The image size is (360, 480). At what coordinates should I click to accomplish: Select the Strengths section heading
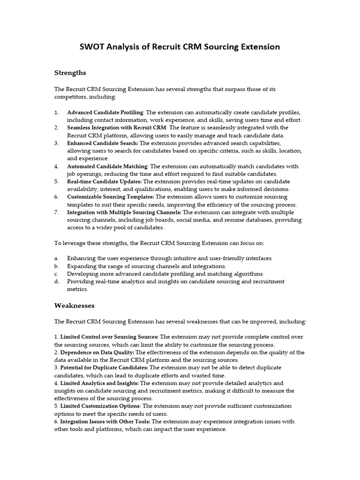pos(70,73)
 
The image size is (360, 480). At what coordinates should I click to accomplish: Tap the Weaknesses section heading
pos(75,305)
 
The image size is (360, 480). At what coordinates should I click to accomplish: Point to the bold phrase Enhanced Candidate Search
pos(102,142)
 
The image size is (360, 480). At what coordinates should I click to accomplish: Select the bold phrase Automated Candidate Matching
pos(107,166)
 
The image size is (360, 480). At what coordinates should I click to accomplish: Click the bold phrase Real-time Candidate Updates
pos(104,181)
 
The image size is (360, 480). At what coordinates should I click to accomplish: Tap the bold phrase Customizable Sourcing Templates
pos(111,197)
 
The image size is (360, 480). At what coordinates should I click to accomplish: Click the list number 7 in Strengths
pos(56,212)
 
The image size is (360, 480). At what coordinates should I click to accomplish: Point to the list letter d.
pos(56,281)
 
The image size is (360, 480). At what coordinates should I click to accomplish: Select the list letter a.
pos(56,258)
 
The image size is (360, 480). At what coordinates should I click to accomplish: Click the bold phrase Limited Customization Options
pos(100,406)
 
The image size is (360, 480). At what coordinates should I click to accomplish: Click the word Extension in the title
pos(260,47)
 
